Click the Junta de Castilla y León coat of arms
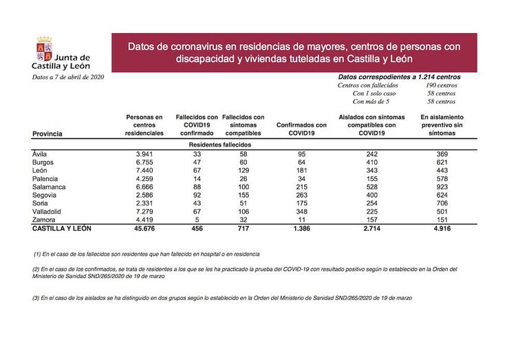click(x=43, y=50)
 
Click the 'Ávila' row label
click(x=39, y=154)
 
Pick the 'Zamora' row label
click(x=44, y=219)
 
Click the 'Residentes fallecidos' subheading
click(x=220, y=145)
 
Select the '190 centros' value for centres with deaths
click(x=442, y=85)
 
